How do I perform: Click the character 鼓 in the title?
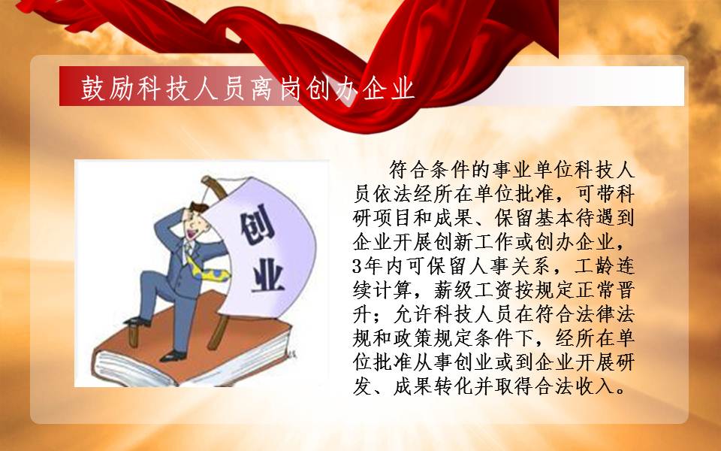tap(94, 88)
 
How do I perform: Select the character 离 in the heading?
tap(264, 88)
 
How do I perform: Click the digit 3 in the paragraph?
tap(357, 266)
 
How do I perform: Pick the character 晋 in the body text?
tap(625, 290)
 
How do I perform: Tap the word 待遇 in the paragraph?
tap(595, 218)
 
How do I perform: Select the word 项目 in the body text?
tap(393, 218)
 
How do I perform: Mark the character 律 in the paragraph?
tap(605, 315)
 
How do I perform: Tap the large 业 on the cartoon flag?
tap(267, 275)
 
